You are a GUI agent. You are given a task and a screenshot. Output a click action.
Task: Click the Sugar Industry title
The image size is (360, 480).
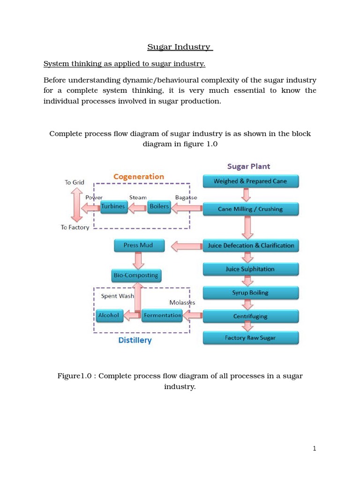(x=180, y=47)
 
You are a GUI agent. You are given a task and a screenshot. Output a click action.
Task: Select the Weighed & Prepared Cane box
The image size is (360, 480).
(x=250, y=181)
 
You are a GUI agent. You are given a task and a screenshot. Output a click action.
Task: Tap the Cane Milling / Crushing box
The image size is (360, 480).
(x=250, y=209)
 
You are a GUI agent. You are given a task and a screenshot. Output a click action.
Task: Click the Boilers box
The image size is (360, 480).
(x=159, y=207)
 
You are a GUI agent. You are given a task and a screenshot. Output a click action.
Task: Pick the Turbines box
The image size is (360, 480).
(x=113, y=207)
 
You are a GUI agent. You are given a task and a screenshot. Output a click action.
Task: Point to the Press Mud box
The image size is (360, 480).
(x=138, y=245)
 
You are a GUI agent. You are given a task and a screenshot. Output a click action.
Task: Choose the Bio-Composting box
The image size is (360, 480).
(x=136, y=275)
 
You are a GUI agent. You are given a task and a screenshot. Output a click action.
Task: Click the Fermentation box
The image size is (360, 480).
(x=162, y=315)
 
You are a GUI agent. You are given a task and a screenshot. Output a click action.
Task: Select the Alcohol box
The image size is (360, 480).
(x=109, y=315)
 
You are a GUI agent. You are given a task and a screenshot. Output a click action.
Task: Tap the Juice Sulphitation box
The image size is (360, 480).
(x=250, y=269)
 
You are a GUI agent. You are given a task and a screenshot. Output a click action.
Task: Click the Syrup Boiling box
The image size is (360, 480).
(x=250, y=293)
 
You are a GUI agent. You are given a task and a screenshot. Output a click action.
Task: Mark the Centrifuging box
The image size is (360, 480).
(x=250, y=316)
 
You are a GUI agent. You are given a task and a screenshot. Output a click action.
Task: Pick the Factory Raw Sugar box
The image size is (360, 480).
(x=250, y=338)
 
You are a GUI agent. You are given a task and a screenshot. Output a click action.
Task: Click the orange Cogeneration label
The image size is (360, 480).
(x=139, y=177)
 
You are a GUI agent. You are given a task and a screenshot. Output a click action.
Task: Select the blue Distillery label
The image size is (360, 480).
(x=135, y=340)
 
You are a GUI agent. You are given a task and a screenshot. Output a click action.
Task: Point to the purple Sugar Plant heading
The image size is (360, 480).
(x=248, y=166)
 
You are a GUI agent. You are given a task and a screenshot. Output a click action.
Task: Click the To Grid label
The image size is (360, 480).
(x=75, y=182)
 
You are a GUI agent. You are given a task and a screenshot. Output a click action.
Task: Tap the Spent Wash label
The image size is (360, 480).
(x=117, y=296)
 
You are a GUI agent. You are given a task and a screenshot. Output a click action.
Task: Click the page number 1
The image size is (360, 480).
(x=315, y=449)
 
